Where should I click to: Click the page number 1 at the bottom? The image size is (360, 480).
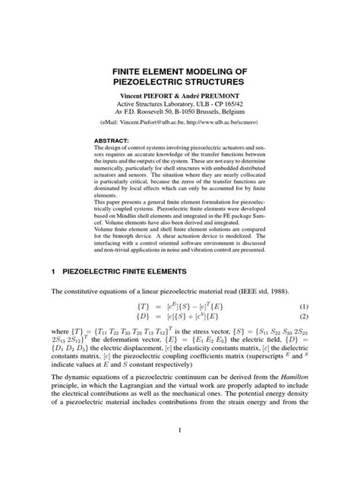click(179, 453)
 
